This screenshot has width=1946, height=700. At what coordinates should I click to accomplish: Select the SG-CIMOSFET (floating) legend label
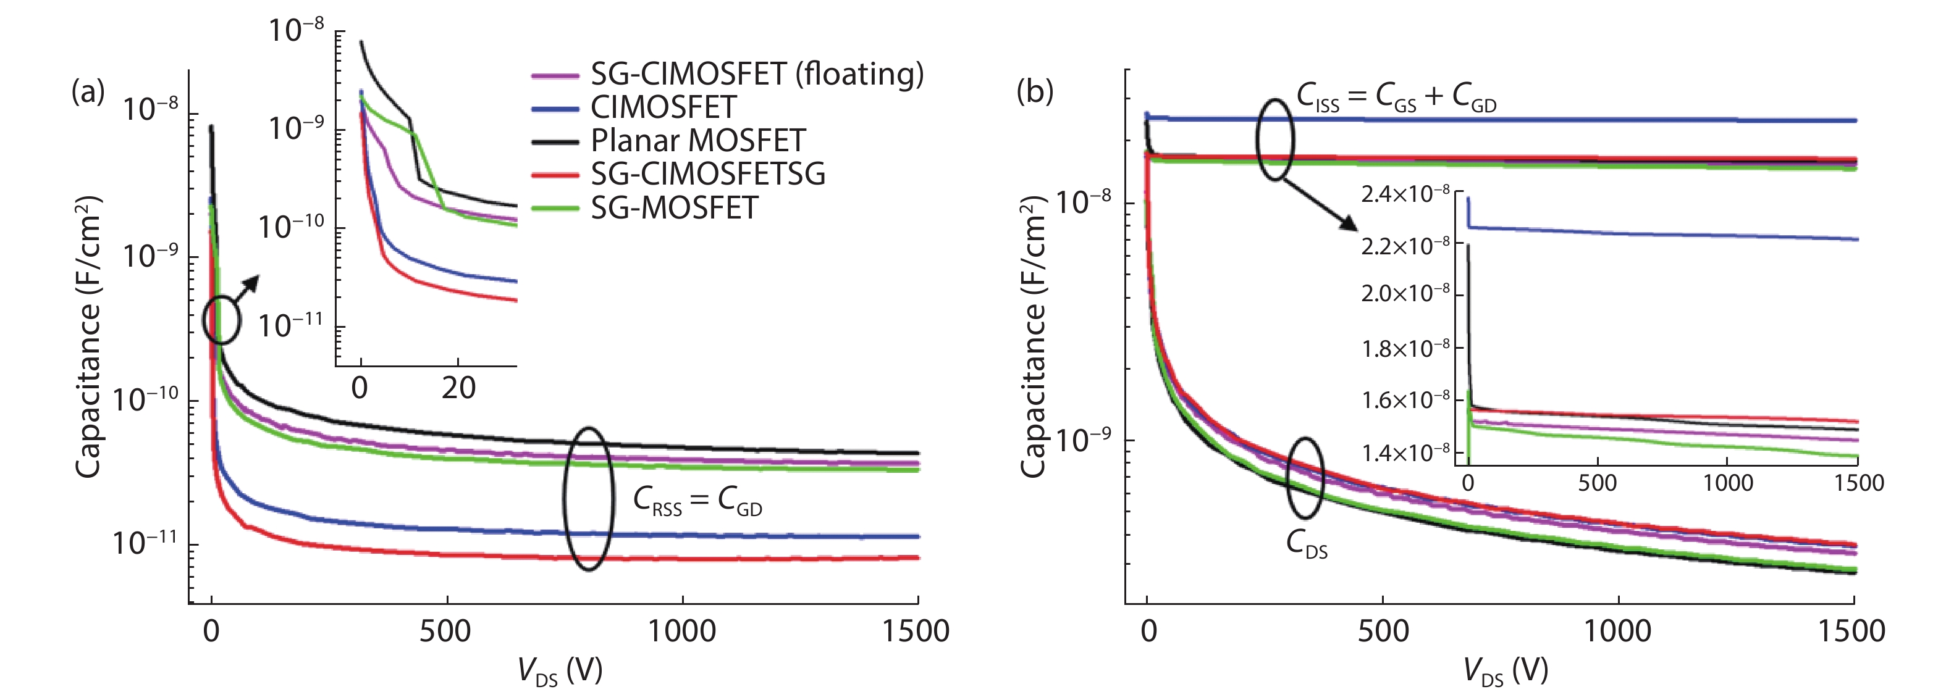(x=756, y=74)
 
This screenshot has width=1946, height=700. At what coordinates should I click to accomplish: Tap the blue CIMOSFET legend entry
(x=662, y=107)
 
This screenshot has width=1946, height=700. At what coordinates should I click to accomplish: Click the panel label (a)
(x=88, y=92)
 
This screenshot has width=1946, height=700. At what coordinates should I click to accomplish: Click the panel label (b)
(x=1034, y=92)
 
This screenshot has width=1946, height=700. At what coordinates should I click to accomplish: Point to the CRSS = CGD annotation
(x=696, y=501)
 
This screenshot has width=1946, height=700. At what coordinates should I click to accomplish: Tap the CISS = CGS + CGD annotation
(x=1396, y=98)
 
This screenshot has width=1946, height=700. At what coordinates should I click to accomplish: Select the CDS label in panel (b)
(x=1306, y=544)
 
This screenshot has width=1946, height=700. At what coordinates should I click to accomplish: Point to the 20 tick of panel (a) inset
(x=458, y=388)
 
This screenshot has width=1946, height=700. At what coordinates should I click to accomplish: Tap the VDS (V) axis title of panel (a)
(x=560, y=670)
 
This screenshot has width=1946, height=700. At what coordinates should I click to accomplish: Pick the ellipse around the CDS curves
(x=1305, y=477)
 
